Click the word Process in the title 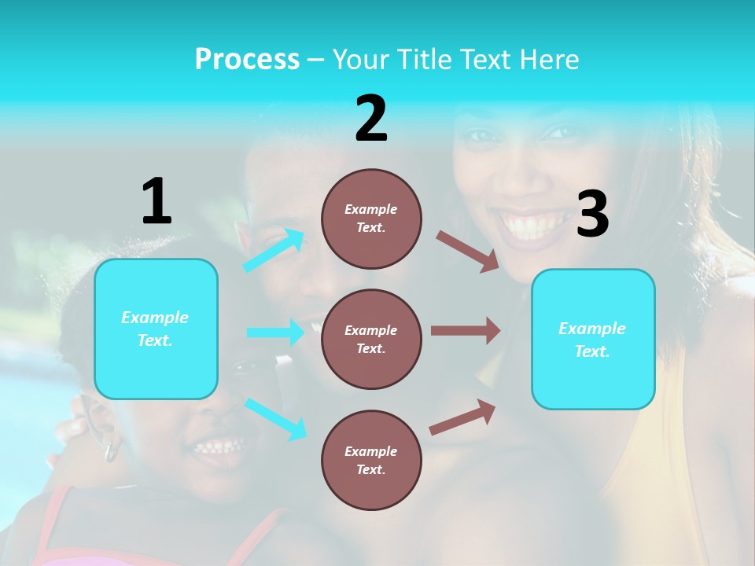[x=247, y=60]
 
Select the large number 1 [x=157, y=201]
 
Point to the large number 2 [x=371, y=119]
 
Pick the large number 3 [x=592, y=215]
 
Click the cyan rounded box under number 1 [x=156, y=329]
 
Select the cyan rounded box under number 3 [x=593, y=340]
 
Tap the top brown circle [x=371, y=219]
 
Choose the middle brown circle [x=371, y=339]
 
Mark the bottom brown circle [x=371, y=460]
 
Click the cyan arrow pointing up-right [x=274, y=250]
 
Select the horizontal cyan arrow [x=275, y=333]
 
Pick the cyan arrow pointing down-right [x=275, y=418]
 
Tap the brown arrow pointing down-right [x=468, y=252]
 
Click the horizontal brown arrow [x=466, y=331]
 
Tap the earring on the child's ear [x=112, y=451]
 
